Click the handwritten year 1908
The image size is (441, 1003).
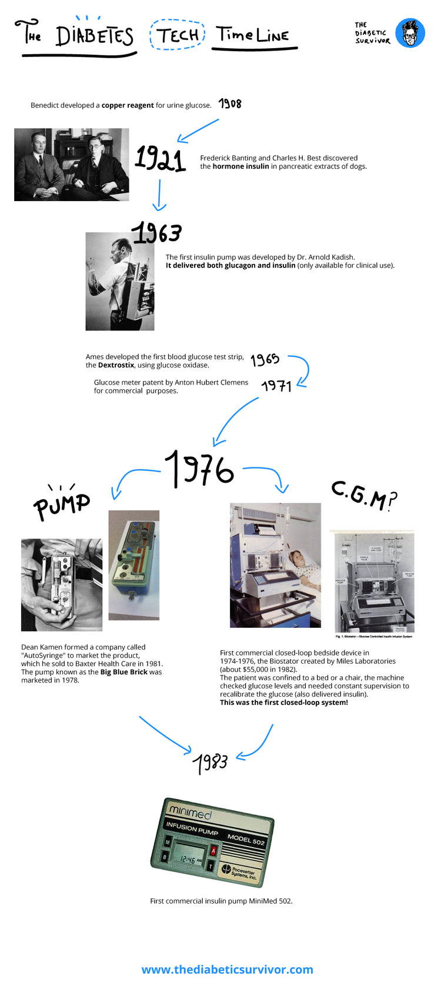(230, 103)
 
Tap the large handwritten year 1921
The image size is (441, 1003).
(160, 159)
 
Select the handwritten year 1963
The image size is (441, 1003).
(156, 233)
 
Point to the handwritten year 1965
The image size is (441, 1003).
(265, 359)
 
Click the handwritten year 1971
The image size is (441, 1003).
(276, 386)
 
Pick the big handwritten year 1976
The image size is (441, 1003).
(199, 469)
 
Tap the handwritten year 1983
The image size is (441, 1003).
(211, 763)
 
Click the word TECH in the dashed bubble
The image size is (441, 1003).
(178, 35)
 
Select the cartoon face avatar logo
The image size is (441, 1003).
(410, 33)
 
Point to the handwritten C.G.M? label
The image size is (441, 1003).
(363, 496)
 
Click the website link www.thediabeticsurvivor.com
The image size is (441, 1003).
(227, 969)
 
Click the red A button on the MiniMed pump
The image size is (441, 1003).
(213, 851)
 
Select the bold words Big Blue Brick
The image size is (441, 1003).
(123, 672)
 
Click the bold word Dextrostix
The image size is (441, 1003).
(116, 365)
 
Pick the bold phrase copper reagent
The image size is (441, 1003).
(128, 105)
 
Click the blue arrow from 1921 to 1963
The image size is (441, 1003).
(159, 195)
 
